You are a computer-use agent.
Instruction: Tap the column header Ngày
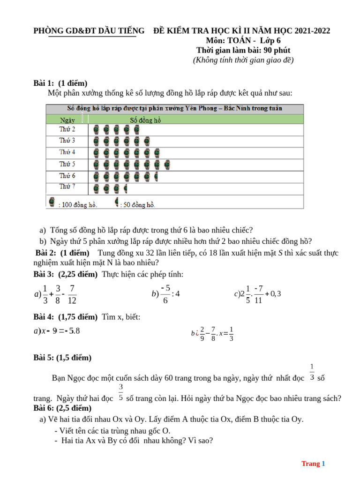coord(67,120)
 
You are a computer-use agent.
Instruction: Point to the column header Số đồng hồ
coord(145,120)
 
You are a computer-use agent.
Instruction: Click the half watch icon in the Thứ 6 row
coord(156,176)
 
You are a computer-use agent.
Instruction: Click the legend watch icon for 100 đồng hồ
coord(52,202)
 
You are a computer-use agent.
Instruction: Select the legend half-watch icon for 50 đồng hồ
coord(117,202)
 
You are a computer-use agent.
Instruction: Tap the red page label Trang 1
coord(313,464)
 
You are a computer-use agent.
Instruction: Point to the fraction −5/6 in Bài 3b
coord(165,294)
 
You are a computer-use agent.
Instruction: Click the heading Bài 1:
coord(44,83)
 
